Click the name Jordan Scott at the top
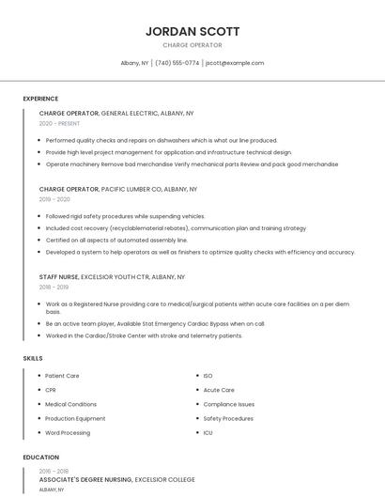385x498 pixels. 192,31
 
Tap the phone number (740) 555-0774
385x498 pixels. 177,63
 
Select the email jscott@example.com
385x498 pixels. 235,63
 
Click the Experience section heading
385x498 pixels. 40,99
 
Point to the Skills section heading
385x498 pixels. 33,358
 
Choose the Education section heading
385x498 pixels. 40,458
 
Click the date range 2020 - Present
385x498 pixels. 59,123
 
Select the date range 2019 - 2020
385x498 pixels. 54,199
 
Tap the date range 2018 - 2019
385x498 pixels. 54,288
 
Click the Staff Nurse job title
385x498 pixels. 59,277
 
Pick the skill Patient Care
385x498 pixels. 62,376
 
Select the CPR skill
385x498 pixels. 51,390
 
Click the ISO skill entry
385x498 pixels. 208,376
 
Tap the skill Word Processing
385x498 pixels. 68,433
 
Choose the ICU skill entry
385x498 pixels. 208,433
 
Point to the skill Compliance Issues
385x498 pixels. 228,404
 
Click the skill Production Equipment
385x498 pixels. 75,419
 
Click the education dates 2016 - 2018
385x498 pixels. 54,471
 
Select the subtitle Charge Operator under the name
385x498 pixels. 192,45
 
